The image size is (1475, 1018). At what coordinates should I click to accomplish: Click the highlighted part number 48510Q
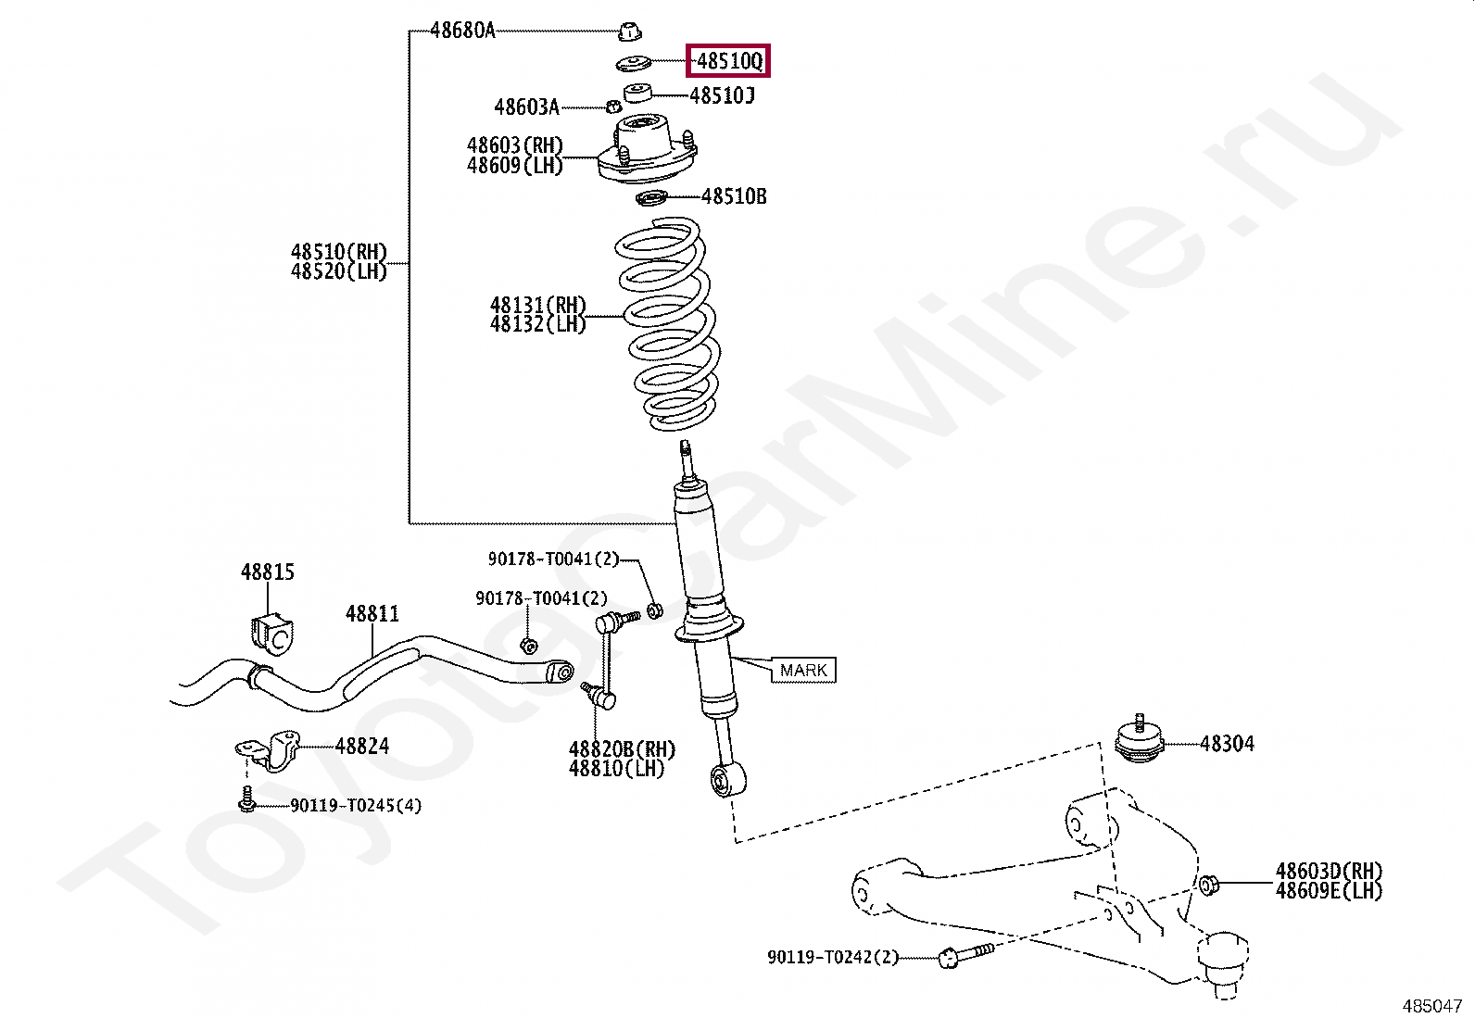coord(729,62)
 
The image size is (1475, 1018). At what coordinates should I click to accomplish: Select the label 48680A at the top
coord(462,31)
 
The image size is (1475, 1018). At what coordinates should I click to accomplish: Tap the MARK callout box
coord(803,670)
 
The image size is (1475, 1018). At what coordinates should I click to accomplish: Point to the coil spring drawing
coord(663,324)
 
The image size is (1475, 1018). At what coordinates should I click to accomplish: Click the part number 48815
coord(268,572)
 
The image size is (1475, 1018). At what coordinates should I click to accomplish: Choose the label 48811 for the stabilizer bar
coord(372,613)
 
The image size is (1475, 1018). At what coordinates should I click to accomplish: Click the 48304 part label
coord(1227,743)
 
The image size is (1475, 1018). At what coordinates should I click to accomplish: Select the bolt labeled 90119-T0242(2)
coord(964,956)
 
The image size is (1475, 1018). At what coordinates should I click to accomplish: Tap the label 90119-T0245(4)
coord(356,806)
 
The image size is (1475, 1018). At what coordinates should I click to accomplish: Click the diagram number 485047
coord(1431,1004)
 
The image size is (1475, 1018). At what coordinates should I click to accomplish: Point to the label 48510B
coord(734,196)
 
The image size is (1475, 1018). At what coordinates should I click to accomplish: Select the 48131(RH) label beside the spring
coord(538,306)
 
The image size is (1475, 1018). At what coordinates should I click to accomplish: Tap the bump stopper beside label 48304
coord(1139,741)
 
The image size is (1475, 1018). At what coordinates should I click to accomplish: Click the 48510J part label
coord(723,94)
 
